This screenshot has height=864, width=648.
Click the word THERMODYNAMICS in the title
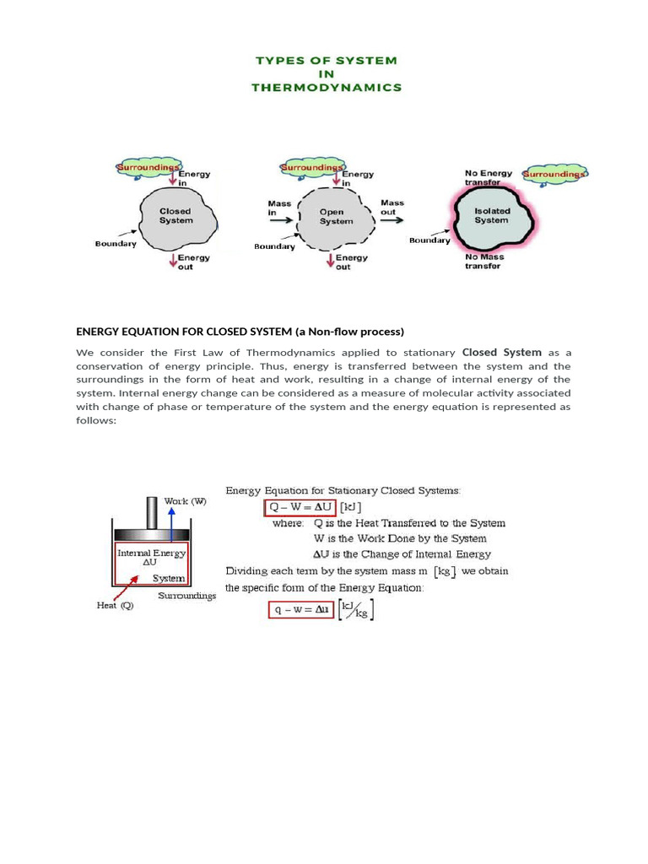(327, 88)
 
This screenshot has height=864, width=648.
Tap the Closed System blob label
(175, 216)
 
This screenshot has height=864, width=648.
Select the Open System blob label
(336, 217)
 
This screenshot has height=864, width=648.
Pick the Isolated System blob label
(491, 215)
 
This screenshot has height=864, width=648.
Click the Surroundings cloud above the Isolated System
(553, 174)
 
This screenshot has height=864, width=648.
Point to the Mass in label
(279, 208)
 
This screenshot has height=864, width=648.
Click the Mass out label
(392, 208)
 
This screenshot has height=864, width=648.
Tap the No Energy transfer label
(489, 177)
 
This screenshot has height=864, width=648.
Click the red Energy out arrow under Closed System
(172, 261)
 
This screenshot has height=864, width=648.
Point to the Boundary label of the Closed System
(116, 244)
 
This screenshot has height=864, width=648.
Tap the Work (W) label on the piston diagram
(185, 501)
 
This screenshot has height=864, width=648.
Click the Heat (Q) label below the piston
(115, 605)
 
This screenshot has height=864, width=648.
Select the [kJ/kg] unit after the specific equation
(356, 611)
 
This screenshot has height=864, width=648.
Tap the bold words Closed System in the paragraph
(502, 352)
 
